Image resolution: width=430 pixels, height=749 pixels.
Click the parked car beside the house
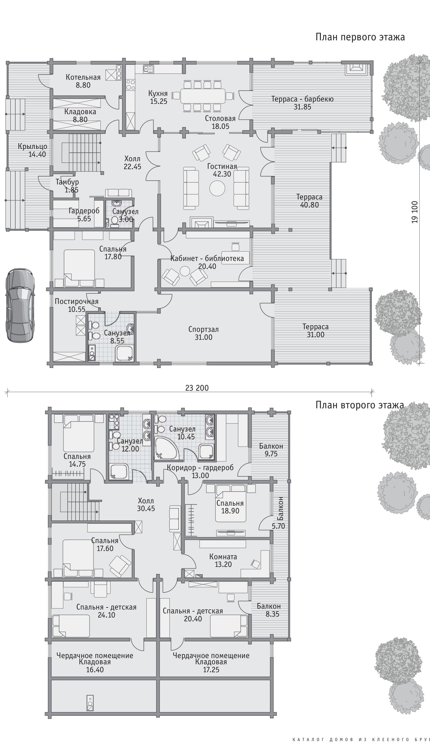coord(20,305)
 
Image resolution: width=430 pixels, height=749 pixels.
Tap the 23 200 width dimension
coord(197,388)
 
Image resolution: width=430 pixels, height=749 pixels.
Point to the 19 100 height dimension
coord(415,212)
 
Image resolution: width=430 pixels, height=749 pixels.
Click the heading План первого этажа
coord(360,37)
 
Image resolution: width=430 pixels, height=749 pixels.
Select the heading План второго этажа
coord(360,405)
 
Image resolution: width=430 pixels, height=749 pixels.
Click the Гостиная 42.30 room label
coord(222,170)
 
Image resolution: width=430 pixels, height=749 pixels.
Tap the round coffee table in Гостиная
coord(217,188)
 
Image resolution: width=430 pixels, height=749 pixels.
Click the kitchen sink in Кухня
coord(148,69)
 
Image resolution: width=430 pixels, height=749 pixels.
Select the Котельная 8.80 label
coord(83,81)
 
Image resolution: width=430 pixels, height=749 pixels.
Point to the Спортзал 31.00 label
coord(204,333)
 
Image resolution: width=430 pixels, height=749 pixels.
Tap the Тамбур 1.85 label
coord(67,186)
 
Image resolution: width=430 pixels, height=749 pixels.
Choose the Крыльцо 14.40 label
coord(32,150)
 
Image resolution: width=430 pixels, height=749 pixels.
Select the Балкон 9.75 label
coord(271,450)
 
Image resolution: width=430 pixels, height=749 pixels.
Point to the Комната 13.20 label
coord(223,560)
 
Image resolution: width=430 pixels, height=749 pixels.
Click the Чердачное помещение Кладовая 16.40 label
coord(95,662)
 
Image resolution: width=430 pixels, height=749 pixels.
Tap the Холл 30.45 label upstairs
coord(146,505)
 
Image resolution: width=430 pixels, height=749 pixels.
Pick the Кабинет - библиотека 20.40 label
coord(207,262)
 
